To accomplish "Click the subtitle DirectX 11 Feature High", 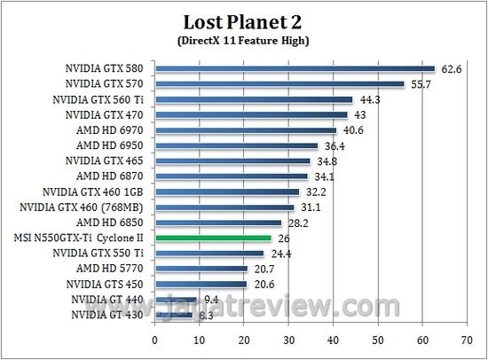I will pyautogui.click(x=242, y=40).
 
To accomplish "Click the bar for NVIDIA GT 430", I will pyautogui.click(x=174, y=314).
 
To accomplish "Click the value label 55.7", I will pyautogui.click(x=420, y=84).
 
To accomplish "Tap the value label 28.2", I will pyautogui.click(x=296, y=223).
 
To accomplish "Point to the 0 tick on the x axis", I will pyautogui.click(x=155, y=339).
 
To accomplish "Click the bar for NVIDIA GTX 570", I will pyautogui.click(x=279, y=84).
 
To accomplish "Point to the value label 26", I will pyautogui.click(x=284, y=238).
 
